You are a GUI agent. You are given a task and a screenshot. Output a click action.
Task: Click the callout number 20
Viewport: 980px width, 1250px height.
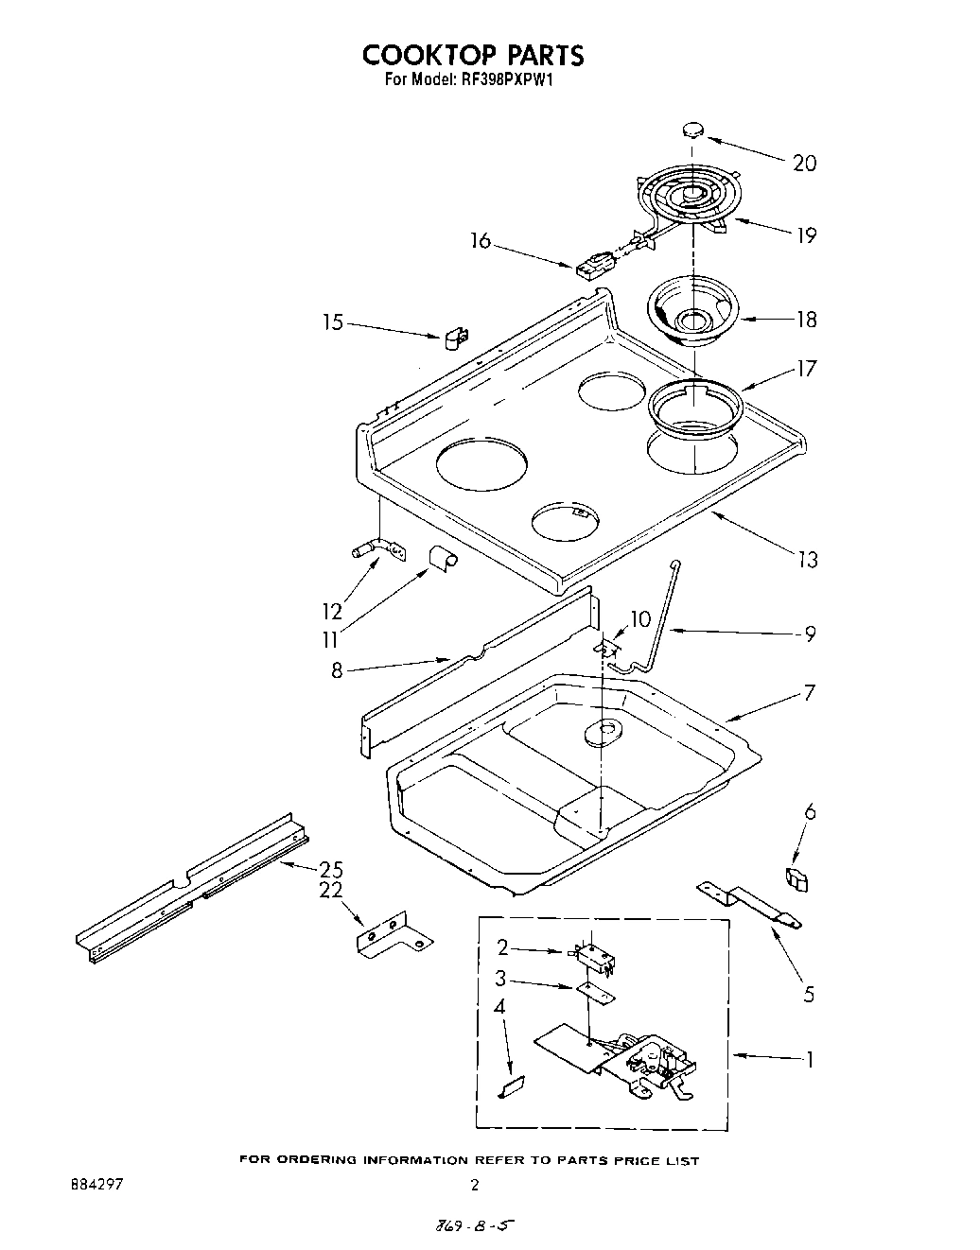[804, 164]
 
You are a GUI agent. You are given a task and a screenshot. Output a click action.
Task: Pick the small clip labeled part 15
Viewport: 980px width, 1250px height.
[455, 338]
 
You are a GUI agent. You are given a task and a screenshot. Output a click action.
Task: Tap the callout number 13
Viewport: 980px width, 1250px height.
[806, 560]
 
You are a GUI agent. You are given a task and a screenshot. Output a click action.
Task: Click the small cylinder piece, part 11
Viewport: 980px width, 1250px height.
[441, 559]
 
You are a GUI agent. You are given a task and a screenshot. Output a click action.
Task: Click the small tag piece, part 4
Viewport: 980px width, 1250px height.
[511, 1088]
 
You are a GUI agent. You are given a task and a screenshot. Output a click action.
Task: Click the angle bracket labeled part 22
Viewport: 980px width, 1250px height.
[392, 937]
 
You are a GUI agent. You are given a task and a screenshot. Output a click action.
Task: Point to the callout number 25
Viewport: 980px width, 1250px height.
[330, 869]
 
